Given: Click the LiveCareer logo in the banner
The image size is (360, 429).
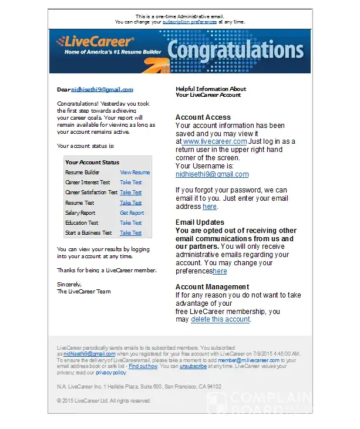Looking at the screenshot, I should pos(95,43).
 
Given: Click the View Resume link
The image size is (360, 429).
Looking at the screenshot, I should pos(134,173).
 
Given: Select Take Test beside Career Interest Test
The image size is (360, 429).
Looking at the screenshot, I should pos(130,183).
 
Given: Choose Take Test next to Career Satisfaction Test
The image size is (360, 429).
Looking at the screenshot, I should pos(130,192).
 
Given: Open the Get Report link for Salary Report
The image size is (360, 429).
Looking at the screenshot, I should pos(132,213).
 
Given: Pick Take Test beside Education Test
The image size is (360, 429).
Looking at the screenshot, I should pos(130,223).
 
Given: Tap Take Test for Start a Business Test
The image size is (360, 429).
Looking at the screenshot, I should pos(130,233).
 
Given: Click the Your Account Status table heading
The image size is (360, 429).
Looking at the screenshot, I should pos(92,163).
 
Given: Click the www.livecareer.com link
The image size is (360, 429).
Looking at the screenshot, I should pos(214,141).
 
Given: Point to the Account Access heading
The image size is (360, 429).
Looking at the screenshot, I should pos(203,117).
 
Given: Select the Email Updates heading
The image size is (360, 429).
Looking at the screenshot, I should pos(200,222).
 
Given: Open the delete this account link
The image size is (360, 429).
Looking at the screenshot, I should pos(220,319).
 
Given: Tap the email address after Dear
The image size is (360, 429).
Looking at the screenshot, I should pos(102,90).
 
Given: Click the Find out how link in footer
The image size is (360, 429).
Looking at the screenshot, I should pos(143,366).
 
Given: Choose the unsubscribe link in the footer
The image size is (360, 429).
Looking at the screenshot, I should pos(193,366).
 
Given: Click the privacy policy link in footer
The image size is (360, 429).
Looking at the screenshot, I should pos(111,373).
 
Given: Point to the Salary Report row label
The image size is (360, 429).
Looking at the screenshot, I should pos(80,213).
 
